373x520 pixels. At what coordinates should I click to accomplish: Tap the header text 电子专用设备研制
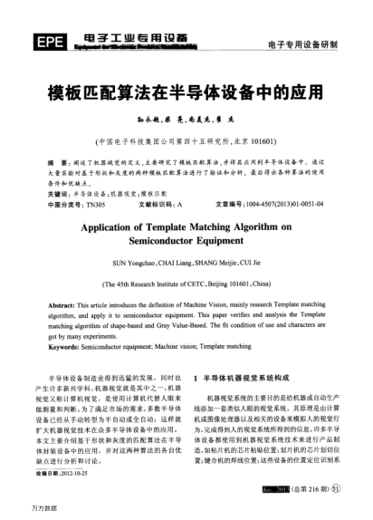(x=302, y=44)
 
